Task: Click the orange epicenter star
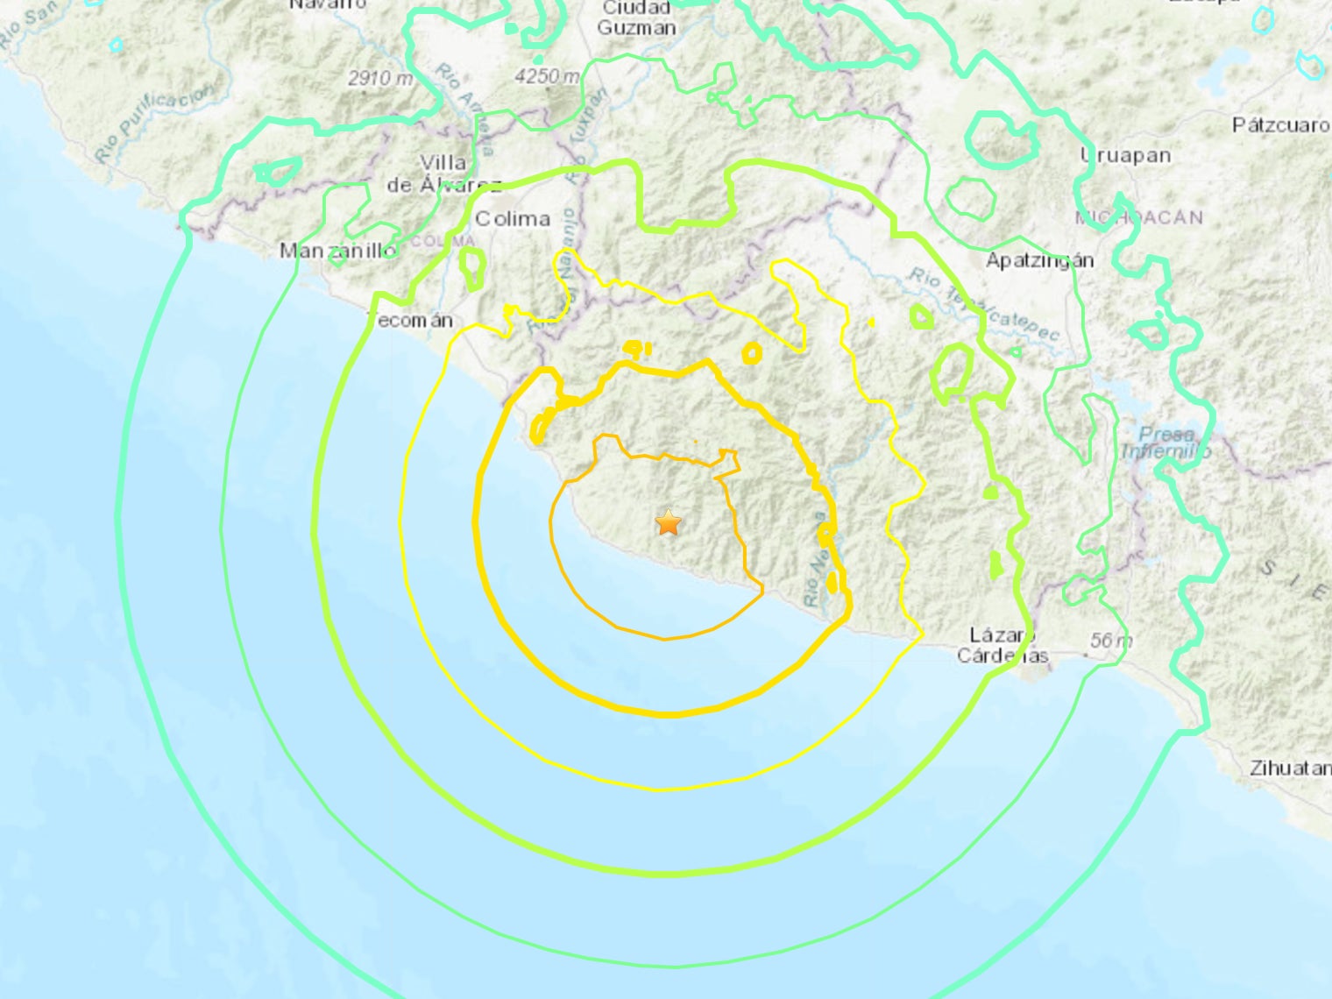click(x=669, y=523)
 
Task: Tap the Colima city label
click(x=512, y=219)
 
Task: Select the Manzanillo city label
click(x=337, y=251)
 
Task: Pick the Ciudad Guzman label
click(x=636, y=18)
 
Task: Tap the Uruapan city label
click(x=1125, y=156)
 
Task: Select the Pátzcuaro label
click(x=1280, y=125)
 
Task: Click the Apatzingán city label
click(x=1039, y=260)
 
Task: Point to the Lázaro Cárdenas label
click(x=1003, y=646)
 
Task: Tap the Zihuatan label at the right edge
click(x=1290, y=769)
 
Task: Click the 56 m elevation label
click(x=1110, y=641)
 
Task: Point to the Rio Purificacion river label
click(x=154, y=123)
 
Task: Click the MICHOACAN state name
click(x=1139, y=218)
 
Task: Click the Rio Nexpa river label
click(x=814, y=561)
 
